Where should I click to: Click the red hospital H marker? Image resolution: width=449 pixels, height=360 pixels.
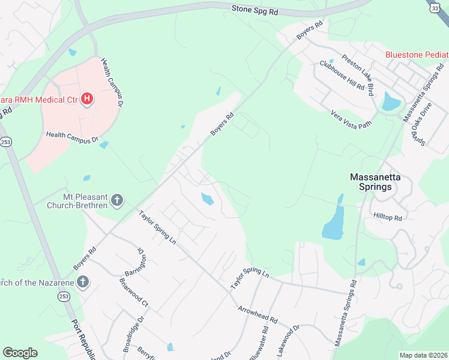tap(87, 98)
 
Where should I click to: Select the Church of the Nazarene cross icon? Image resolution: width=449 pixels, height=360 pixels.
tap(83, 281)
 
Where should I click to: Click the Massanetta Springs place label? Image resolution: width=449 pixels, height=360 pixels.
tap(371, 182)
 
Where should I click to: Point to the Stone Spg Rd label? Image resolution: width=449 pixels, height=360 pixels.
tap(255, 10)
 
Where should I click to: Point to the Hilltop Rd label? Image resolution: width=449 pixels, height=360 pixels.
tap(387, 217)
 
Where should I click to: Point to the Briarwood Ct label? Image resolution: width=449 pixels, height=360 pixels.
tap(133, 293)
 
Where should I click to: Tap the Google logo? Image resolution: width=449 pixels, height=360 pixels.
tap(20, 353)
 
